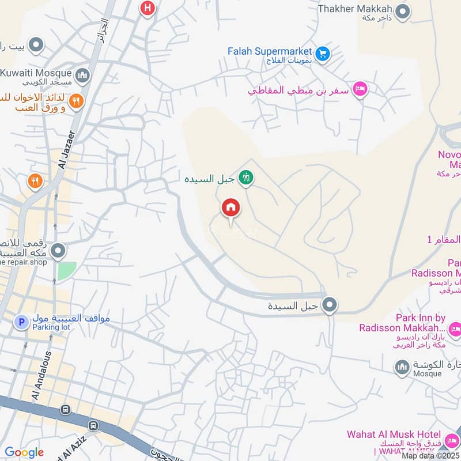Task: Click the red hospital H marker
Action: [148, 8]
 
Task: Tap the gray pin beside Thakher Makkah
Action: [403, 11]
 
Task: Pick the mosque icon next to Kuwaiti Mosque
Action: [83, 75]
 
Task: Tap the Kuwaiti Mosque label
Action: [36, 73]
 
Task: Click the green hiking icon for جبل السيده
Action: [247, 178]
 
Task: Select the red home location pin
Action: [231, 208]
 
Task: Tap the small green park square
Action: [66, 271]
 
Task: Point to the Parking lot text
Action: [51, 327]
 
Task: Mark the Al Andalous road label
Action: [40, 376]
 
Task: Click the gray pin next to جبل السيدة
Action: [330, 305]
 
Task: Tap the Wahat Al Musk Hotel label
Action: [394, 434]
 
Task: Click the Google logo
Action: [24, 452]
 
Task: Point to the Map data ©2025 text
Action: [430, 456]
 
